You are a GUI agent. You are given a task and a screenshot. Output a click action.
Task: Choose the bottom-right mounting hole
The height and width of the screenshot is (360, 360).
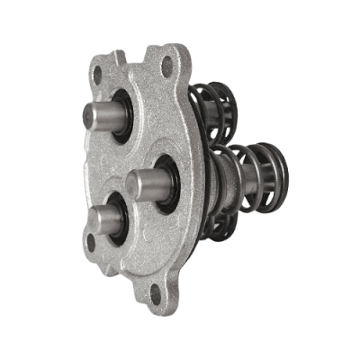tap(162, 291)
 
